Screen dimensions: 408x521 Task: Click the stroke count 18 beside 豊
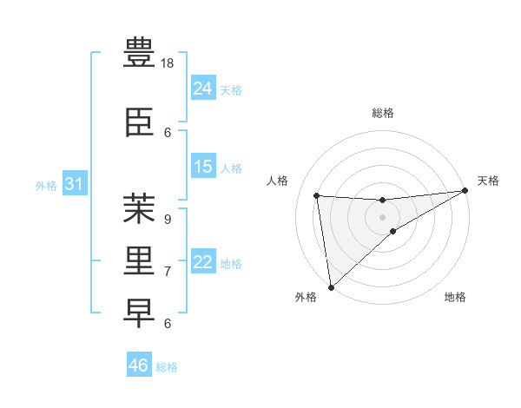tap(168, 63)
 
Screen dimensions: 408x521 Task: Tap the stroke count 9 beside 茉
tap(167, 219)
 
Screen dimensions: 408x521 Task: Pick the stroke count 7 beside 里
tap(167, 271)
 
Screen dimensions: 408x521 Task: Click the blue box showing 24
tap(203, 88)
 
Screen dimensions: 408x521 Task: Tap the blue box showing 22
tap(203, 262)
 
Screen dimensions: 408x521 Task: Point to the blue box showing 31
tap(75, 184)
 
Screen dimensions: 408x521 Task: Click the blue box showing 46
tap(139, 365)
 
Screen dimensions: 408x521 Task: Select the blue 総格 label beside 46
tap(167, 367)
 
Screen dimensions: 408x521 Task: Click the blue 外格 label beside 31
tap(46, 186)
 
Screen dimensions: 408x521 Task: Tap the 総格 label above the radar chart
tap(383, 113)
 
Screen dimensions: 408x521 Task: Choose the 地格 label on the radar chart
tap(455, 298)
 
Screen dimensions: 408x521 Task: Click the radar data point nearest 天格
tap(465, 191)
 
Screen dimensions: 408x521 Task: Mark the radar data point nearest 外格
tap(331, 286)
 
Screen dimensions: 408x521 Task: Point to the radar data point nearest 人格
tap(317, 195)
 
